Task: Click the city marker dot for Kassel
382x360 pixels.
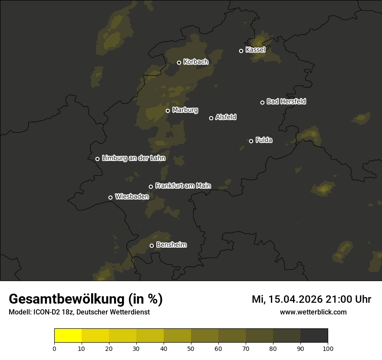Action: coord(241,51)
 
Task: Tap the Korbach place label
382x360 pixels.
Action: coord(196,62)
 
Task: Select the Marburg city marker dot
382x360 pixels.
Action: coord(168,111)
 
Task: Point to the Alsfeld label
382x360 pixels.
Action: coord(226,117)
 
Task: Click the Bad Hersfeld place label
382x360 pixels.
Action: coord(286,101)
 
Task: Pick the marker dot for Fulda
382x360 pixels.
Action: coord(251,141)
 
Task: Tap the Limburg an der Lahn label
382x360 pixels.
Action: coord(133,158)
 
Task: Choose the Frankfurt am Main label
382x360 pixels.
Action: coord(183,186)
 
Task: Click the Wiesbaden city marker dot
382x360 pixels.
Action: coord(110,197)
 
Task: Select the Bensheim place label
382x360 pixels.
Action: coord(171,245)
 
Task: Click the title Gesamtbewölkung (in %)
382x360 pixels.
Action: coord(86,299)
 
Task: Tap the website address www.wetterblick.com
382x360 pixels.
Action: coord(313,312)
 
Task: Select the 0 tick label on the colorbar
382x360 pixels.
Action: coord(54,348)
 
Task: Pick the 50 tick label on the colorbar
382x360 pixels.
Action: coord(191,348)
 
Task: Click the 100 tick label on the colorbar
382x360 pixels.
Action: coord(328,348)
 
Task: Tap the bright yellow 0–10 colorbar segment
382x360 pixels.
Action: coord(68,336)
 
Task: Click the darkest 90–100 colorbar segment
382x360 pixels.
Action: coord(314,336)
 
